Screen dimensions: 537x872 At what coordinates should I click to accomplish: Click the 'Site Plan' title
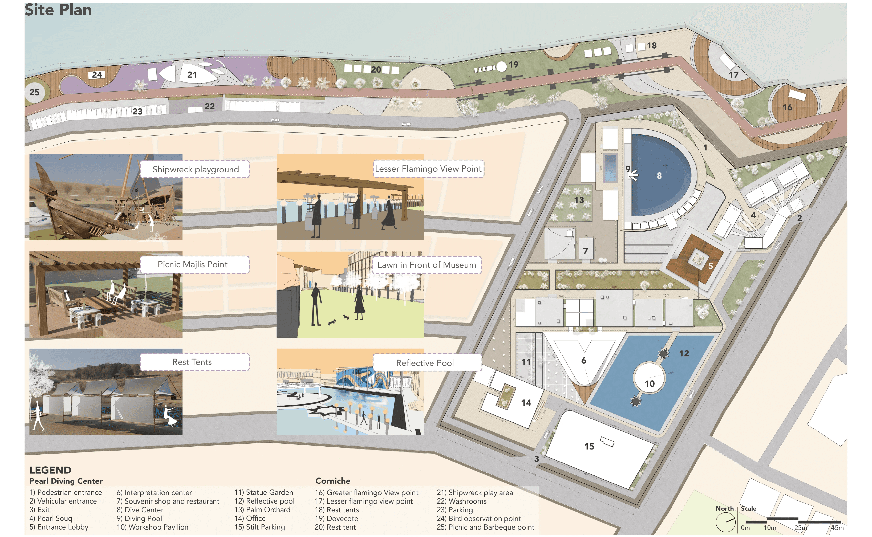(x=58, y=10)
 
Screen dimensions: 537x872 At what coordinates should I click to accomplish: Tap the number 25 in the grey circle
(x=34, y=92)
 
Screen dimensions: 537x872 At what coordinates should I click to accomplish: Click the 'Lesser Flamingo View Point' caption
(x=428, y=169)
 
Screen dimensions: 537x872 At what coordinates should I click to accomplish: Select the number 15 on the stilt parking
(x=589, y=446)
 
